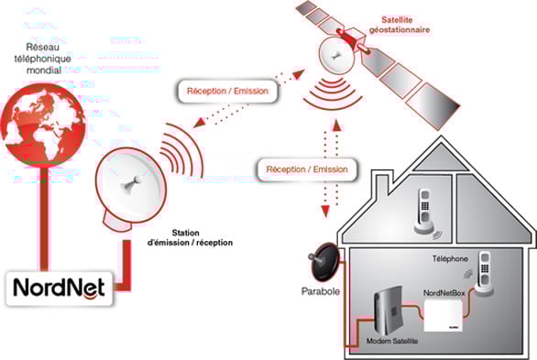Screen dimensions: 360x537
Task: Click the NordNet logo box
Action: [60, 289]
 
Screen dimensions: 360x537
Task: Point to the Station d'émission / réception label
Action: [195, 237]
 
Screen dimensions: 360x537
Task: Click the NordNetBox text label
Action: [448, 293]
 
